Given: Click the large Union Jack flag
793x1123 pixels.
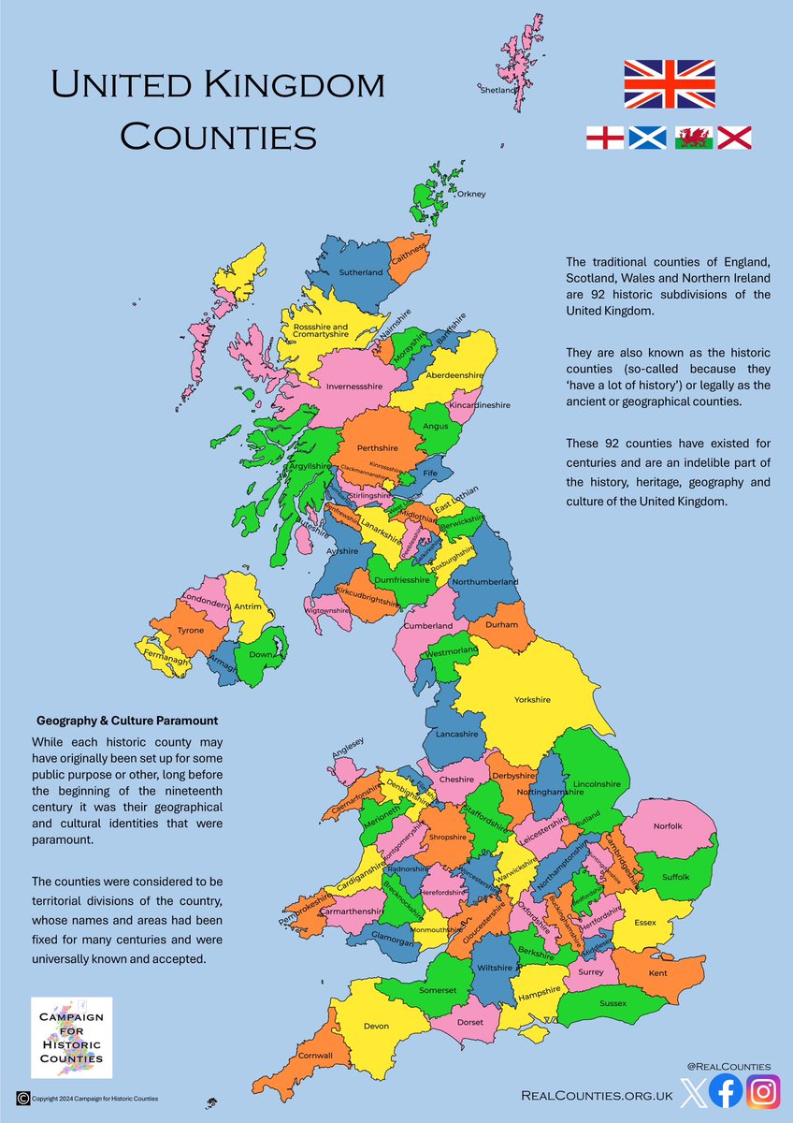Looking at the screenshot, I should click(670, 83).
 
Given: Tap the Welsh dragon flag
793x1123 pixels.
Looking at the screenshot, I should click(693, 138).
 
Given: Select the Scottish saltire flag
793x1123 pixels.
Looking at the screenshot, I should click(648, 138).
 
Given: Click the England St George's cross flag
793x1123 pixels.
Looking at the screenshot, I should click(604, 138).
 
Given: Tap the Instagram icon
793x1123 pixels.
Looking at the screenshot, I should click(763, 1092).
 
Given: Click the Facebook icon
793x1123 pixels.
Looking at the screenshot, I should click(725, 1092).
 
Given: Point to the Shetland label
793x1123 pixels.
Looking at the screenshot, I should click(497, 91).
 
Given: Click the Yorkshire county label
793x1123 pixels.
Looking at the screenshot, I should click(532, 699).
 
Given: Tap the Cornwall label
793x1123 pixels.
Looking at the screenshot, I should click(317, 1056).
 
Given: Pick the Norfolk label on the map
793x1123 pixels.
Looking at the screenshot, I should click(669, 826).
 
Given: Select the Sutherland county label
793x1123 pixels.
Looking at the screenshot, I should click(361, 272).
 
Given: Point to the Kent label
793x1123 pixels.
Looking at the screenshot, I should click(658, 974).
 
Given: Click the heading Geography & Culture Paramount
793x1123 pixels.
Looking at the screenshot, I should click(126, 722).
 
